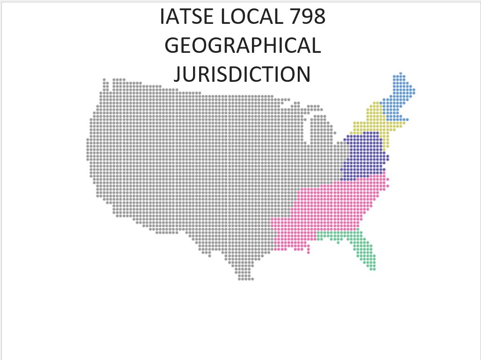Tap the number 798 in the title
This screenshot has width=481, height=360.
coord(307,17)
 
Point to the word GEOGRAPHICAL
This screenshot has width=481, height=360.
coord(243,46)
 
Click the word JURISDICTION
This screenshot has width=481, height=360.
coord(243,74)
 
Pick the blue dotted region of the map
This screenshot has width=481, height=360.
coord(397,98)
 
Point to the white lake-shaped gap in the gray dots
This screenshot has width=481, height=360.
coord(310,129)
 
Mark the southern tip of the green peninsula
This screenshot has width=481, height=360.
coord(373,269)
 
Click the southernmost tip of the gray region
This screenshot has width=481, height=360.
coord(245,279)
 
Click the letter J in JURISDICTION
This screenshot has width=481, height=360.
coord(178,74)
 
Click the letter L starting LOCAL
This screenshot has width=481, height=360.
coord(225,17)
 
